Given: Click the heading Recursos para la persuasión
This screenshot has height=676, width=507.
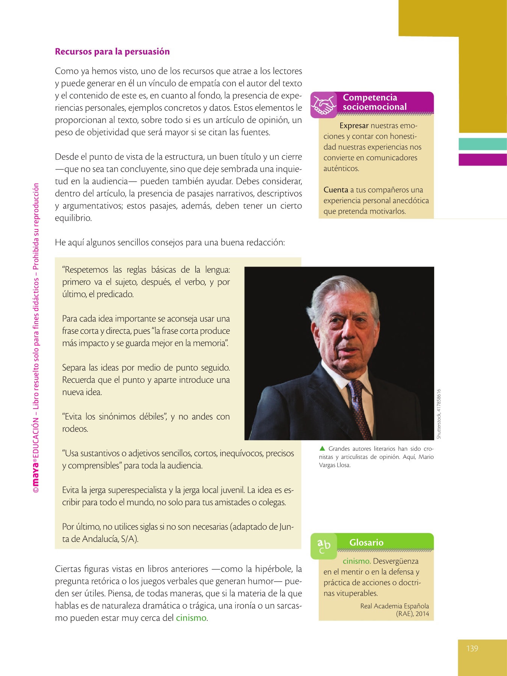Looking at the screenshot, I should coord(112,51).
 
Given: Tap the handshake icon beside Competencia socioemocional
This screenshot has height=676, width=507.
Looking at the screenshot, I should coord(324,105).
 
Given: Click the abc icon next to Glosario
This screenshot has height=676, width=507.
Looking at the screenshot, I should coord(323,545).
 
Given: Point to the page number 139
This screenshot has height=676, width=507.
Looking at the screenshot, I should coord(472,648).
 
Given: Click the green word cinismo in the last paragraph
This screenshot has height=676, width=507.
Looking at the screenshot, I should coord(191,618).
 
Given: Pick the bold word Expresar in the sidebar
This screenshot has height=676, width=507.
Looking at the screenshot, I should coord(354,126).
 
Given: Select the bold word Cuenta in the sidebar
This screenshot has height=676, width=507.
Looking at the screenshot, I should coord(336,190).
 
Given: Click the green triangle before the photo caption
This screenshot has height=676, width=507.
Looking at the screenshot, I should coord(322,448).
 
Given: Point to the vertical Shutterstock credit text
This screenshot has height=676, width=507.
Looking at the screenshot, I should coord(439,413).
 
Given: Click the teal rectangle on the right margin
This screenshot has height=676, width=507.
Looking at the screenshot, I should coord(483,144).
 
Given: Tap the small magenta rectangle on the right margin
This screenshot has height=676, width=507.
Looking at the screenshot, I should coord(483,160).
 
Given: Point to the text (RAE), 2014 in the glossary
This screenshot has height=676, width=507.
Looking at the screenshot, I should coord(412,614).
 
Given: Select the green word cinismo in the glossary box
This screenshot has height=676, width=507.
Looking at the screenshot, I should coord(356,561).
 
